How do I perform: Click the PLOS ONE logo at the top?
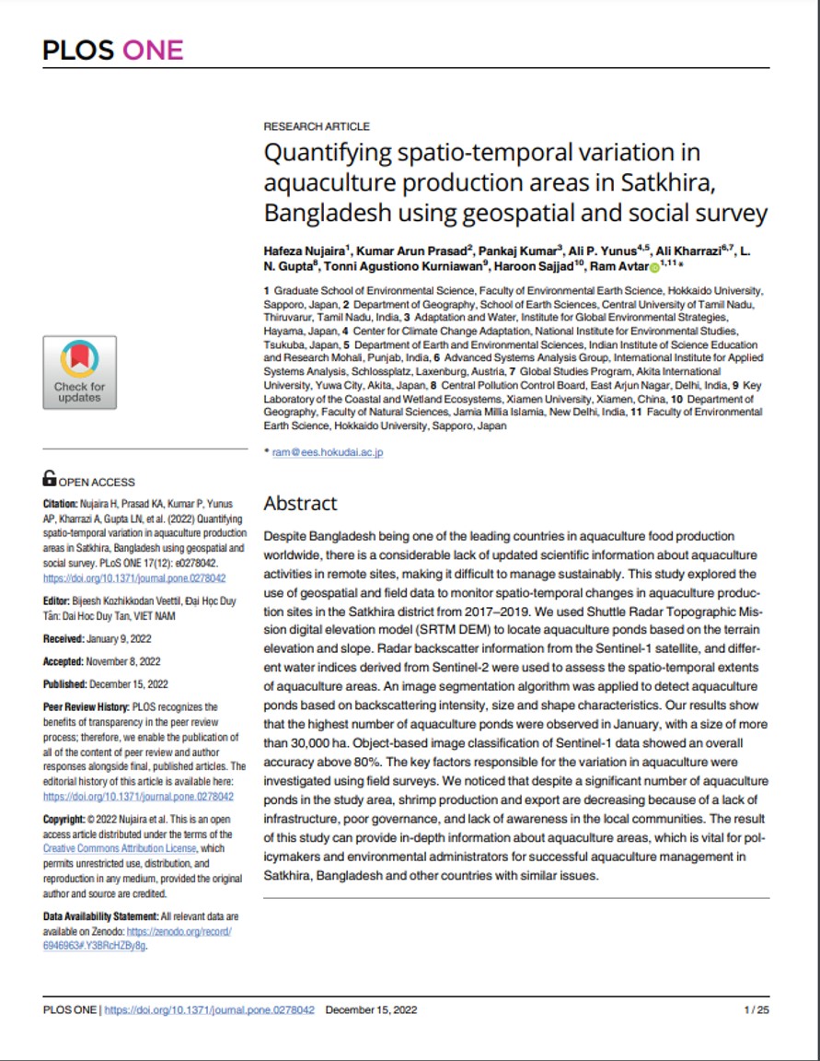click(113, 50)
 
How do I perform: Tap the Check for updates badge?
click(79, 372)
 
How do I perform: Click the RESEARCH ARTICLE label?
click(317, 126)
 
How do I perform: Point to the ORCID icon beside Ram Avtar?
click(654, 268)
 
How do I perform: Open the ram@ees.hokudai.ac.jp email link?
click(327, 452)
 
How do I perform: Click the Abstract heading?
click(301, 504)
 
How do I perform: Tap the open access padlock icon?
click(50, 478)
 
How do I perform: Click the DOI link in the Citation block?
click(134, 578)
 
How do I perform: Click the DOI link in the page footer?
click(210, 1009)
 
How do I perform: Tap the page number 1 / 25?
click(756, 1009)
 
